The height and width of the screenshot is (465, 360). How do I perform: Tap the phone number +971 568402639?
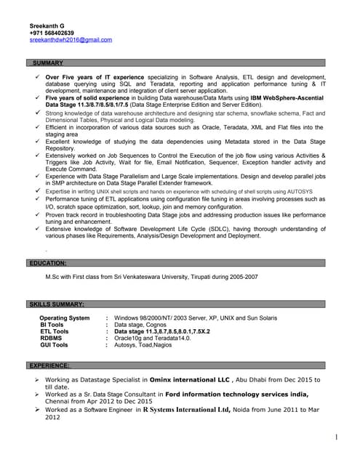click(52, 33)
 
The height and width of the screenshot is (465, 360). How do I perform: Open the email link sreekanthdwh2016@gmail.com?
click(71, 40)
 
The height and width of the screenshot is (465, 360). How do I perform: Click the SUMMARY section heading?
click(48, 63)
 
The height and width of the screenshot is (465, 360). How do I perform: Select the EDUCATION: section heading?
click(48, 262)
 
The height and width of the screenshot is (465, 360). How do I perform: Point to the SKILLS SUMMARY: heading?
click(57, 304)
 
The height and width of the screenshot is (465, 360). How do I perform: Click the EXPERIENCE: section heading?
click(49, 365)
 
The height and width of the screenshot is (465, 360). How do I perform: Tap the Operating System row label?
click(65, 318)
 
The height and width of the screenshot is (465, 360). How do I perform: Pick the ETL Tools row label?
click(55, 331)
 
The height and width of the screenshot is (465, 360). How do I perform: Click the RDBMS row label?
click(51, 338)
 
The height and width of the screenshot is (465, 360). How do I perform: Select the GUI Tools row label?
click(54, 345)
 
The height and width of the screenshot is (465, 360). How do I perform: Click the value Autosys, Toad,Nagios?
click(143, 345)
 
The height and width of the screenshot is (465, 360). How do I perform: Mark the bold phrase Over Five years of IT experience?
click(95, 76)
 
